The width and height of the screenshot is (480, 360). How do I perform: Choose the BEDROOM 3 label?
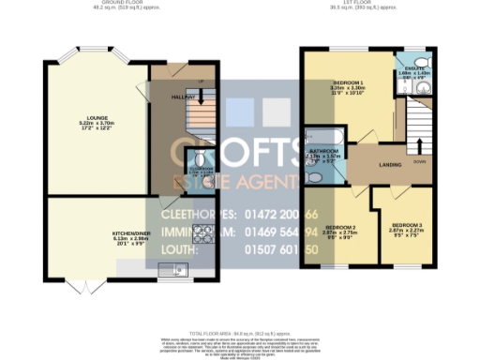tap(406, 227)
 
